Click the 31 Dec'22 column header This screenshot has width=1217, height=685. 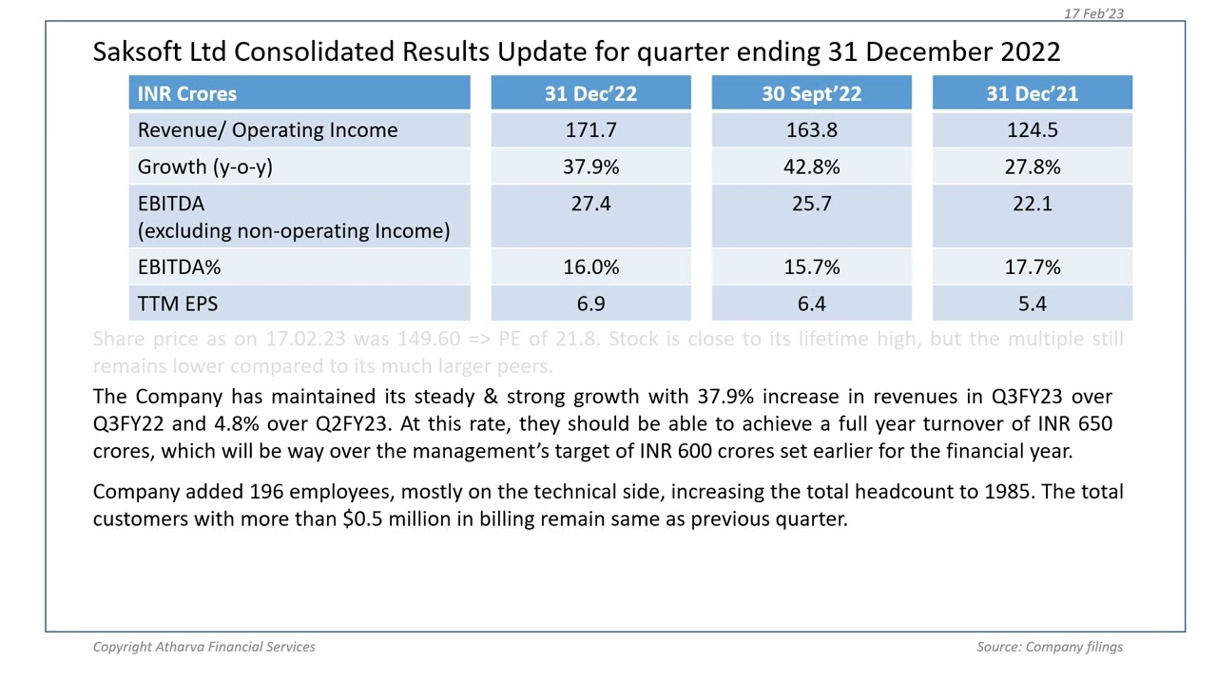coord(590,93)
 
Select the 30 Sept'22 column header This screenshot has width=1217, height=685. coord(811,93)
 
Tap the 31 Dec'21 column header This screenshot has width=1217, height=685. coord(1032,93)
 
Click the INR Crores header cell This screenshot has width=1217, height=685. coord(187,93)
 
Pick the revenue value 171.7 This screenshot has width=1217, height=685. coord(590,130)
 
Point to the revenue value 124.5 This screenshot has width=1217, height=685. coord(1032,130)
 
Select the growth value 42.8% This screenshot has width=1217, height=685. coord(811,166)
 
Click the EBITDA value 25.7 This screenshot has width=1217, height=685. coord(811,204)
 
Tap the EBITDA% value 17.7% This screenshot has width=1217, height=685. coord(1032,267)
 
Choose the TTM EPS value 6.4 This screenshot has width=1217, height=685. coord(811,303)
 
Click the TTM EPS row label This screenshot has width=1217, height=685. coord(178,303)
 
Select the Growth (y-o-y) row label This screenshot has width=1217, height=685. coord(204,166)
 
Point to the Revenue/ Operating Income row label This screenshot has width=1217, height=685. coord(267,130)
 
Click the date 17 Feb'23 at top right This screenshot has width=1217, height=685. coord(1093,13)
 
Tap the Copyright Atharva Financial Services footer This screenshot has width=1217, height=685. coord(203,647)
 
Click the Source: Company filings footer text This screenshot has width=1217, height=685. coord(1049,647)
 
